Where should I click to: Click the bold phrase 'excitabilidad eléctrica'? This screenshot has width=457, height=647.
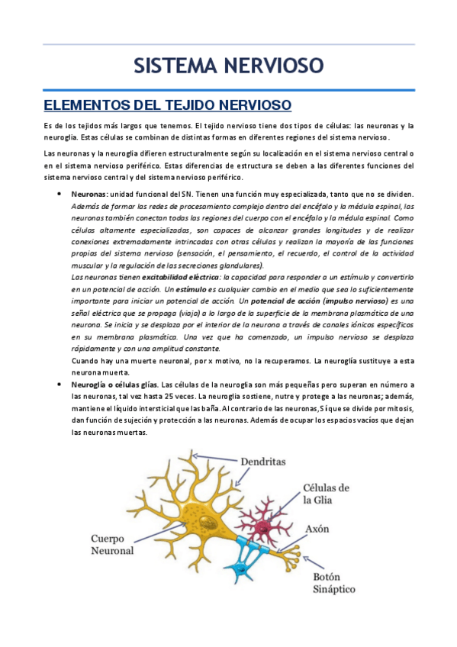[175, 277]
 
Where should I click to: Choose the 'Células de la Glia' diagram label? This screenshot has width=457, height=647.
[327, 494]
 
